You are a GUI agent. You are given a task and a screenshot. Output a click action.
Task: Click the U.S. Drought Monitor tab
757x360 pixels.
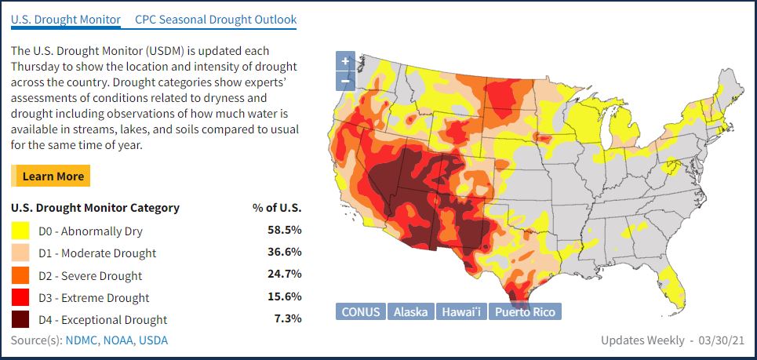[x=66, y=19]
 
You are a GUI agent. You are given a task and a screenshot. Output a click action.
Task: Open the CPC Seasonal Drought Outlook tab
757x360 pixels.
[x=216, y=19]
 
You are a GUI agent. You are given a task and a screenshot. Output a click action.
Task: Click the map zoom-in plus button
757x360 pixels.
[x=345, y=61]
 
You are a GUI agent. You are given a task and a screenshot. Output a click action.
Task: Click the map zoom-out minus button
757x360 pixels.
[x=345, y=81]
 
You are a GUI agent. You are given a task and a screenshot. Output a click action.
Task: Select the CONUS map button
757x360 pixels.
[x=361, y=311]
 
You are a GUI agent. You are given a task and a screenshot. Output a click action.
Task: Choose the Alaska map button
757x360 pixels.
[x=410, y=311]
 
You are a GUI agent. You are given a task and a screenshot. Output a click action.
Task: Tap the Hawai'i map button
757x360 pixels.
[x=460, y=311]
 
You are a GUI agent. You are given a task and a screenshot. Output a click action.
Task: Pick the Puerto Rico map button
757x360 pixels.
[x=525, y=311]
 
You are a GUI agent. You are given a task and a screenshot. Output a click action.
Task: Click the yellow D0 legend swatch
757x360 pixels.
[x=21, y=231]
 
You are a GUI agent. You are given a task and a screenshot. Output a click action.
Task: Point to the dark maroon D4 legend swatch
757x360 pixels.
[x=21, y=319]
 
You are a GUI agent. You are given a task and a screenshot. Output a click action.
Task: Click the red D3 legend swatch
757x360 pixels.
[x=21, y=297]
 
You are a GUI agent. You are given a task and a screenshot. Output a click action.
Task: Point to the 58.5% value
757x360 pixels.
[x=285, y=230]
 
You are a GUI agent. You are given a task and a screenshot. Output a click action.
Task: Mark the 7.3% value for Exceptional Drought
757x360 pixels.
[x=288, y=318]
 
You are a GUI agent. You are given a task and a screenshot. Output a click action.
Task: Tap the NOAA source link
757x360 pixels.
[x=121, y=340]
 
